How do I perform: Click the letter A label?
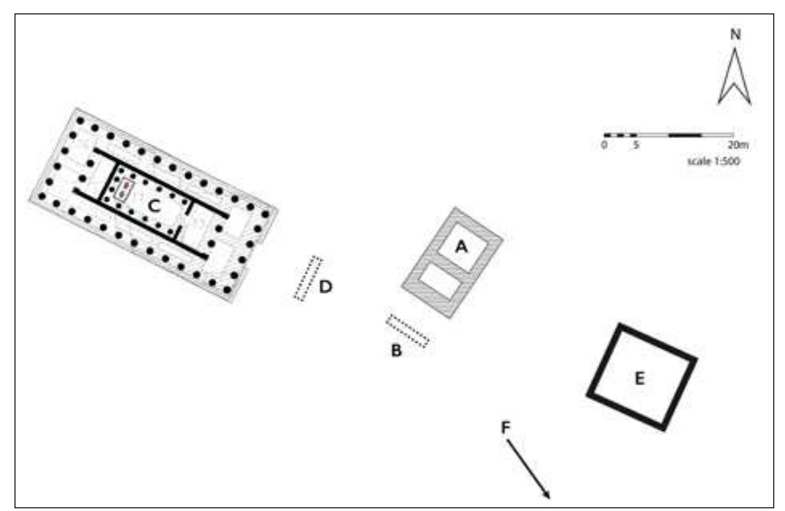[461, 247]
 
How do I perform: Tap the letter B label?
[396, 350]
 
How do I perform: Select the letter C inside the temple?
[154, 205]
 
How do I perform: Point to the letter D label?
[326, 287]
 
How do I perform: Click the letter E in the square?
[639, 379]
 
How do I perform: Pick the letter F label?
[505, 428]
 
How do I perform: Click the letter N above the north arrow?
[736, 35]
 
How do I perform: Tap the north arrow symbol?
[735, 77]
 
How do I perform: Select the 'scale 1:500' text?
[713, 162]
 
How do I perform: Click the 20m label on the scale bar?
[738, 144]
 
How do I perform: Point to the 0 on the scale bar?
[604, 144]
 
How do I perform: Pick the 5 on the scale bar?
[636, 144]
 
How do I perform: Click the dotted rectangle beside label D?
[308, 278]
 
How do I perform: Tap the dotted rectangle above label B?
[408, 331]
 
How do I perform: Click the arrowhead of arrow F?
[547, 494]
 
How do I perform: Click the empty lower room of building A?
[440, 281]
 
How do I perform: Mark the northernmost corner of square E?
[620, 324]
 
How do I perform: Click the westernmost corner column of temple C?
[42, 196]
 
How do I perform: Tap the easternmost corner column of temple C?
[265, 213]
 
